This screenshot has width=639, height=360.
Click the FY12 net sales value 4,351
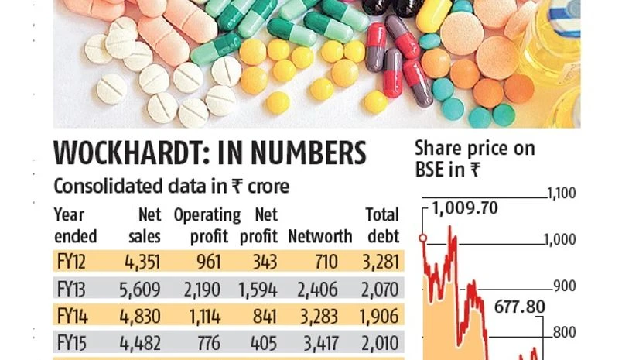pyautogui.click(x=142, y=262)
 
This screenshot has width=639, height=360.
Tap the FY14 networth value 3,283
pyautogui.click(x=330, y=317)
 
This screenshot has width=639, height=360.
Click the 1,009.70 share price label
pyautogui.click(x=464, y=207)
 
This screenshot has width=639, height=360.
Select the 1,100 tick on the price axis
pyautogui.click(x=561, y=194)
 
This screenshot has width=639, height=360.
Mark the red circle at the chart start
pyautogui.click(x=423, y=238)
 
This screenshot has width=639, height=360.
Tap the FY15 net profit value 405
pyautogui.click(x=264, y=342)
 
